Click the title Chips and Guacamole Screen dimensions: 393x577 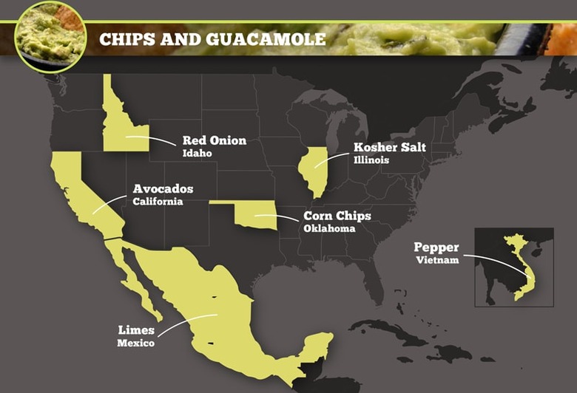[212, 38]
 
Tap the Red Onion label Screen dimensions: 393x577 [214, 140]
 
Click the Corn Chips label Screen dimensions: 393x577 [337, 216]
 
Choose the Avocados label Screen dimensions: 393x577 [163, 188]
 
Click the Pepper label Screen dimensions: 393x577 [436, 247]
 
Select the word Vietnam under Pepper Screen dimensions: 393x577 [437, 261]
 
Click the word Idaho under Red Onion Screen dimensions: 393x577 [197, 154]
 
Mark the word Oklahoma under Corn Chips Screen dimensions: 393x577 [329, 229]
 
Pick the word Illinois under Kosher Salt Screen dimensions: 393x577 [371, 160]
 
